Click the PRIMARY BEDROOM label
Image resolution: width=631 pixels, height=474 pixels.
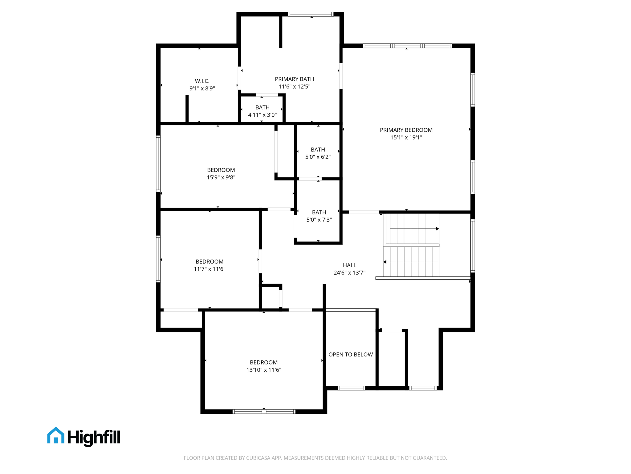point(406,130)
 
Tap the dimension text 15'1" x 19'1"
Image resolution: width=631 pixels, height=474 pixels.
point(406,138)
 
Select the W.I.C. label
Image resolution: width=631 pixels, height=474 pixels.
point(202,81)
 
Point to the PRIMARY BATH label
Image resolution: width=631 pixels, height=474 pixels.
point(294,79)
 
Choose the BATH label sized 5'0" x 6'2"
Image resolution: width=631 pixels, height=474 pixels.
point(318,150)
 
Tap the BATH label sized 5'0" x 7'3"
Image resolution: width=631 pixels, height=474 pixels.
point(319,212)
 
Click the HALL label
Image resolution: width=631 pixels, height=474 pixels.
point(349,265)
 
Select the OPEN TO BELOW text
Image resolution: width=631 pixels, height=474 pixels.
point(350,355)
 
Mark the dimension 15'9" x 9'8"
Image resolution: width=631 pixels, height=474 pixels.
point(221,177)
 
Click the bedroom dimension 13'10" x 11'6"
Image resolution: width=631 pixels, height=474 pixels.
point(264,370)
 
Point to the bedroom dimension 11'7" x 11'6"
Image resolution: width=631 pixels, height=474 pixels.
point(210,269)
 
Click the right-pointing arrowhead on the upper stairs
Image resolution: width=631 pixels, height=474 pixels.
point(437,229)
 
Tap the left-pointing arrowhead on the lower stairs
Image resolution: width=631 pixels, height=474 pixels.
point(385,262)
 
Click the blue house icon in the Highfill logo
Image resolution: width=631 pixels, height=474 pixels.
point(56,436)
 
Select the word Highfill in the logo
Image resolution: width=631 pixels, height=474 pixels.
point(94,437)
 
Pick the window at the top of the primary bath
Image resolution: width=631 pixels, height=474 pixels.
point(311,14)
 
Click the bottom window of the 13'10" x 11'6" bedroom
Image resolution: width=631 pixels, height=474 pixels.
point(264,411)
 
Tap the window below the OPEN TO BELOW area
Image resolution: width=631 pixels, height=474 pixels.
point(351,388)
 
